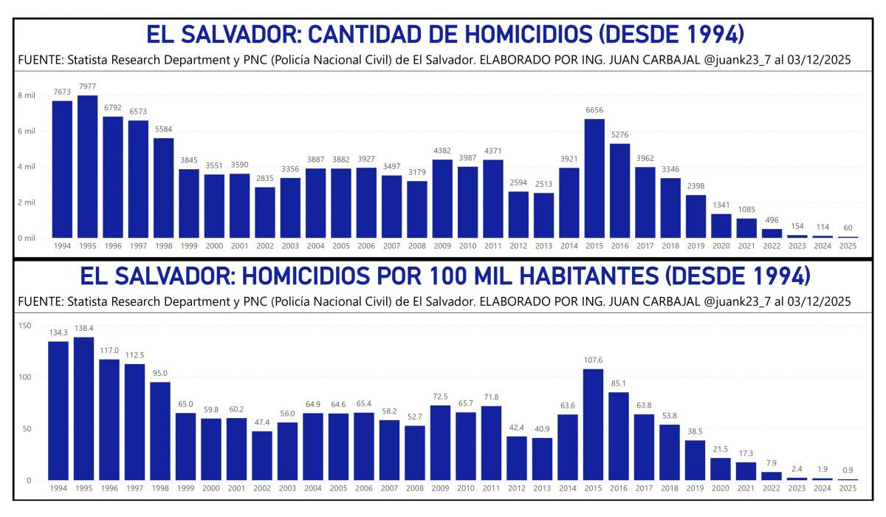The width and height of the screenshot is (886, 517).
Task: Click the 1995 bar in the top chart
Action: pyautogui.click(x=88, y=166)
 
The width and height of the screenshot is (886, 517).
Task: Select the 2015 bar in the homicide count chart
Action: pyautogui.click(x=595, y=178)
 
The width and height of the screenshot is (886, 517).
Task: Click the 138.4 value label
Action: pyautogui.click(x=83, y=329)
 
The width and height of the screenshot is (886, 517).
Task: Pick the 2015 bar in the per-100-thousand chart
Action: pyautogui.click(x=593, y=424)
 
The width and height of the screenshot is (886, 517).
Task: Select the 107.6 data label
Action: pyautogui.click(x=593, y=360)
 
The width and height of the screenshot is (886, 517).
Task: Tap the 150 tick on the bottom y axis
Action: pyautogui.click(x=24, y=326)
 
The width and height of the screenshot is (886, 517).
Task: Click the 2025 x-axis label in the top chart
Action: pyautogui.click(x=848, y=245)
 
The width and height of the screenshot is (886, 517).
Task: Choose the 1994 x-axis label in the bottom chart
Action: pyautogui.click(x=58, y=487)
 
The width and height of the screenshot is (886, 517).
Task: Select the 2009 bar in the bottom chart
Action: pyautogui.click(x=440, y=442)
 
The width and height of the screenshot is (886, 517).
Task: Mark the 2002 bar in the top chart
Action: pyautogui.click(x=265, y=212)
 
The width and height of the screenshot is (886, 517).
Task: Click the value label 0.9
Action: pyautogui.click(x=848, y=470)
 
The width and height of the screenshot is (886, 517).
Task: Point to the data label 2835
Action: pyautogui.click(x=265, y=178)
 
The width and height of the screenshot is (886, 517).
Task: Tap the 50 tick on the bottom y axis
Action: pyautogui.click(x=27, y=429)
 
